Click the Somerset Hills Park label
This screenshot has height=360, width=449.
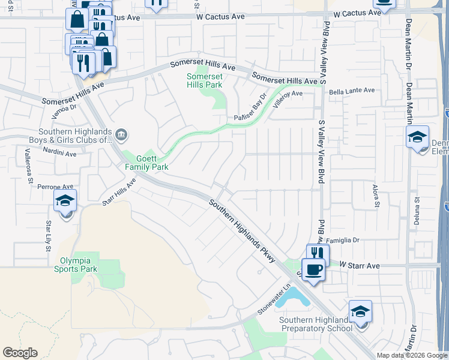click(x=204, y=80)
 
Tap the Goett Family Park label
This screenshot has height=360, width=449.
click(x=146, y=163)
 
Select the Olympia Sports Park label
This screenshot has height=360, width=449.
click(x=79, y=265)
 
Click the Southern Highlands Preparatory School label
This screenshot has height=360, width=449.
click(x=316, y=324)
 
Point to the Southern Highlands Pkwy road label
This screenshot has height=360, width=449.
click(x=242, y=231)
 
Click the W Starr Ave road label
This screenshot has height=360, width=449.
click(x=360, y=265)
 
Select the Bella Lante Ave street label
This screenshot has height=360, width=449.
click(x=352, y=91)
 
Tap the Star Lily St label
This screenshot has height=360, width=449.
click(x=49, y=236)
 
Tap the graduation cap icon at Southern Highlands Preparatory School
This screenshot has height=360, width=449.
click(x=360, y=311)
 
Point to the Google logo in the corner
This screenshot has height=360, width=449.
click(x=20, y=353)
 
